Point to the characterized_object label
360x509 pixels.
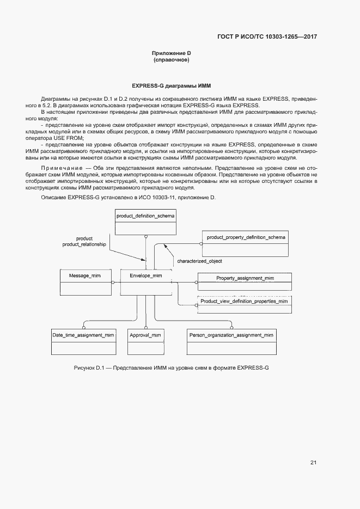click(x=199, y=261)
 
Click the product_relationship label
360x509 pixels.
click(x=84, y=245)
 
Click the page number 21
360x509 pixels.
click(x=313, y=463)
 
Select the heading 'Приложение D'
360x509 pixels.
click(x=172, y=53)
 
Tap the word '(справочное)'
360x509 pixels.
click(x=172, y=60)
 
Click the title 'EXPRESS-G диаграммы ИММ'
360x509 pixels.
click(x=171, y=86)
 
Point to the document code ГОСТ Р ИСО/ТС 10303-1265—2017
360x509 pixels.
click(x=267, y=37)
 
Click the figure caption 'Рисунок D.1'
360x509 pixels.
click(x=89, y=369)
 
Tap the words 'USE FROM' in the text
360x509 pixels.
click(x=69, y=138)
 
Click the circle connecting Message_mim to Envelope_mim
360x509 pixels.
click(x=113, y=283)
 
